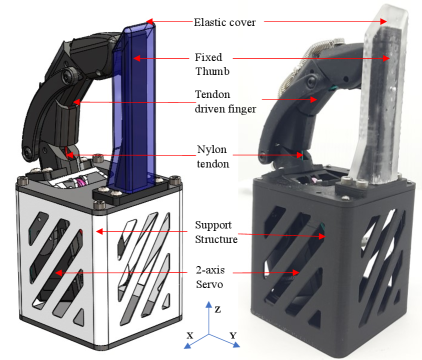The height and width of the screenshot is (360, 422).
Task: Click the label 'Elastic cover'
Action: click(x=225, y=22)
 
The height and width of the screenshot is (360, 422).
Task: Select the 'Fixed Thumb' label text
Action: click(x=212, y=64)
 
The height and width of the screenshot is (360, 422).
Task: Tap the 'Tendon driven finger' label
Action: click(x=225, y=101)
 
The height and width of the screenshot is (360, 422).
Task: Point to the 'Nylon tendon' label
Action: click(x=212, y=156)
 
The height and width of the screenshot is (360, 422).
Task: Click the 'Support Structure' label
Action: click(x=216, y=232)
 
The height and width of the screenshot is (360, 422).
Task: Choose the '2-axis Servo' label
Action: click(x=210, y=277)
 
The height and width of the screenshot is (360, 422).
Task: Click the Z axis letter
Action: click(x=218, y=310)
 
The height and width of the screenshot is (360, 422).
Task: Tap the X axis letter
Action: click(x=190, y=335)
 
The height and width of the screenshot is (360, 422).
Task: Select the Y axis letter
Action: click(x=233, y=335)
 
